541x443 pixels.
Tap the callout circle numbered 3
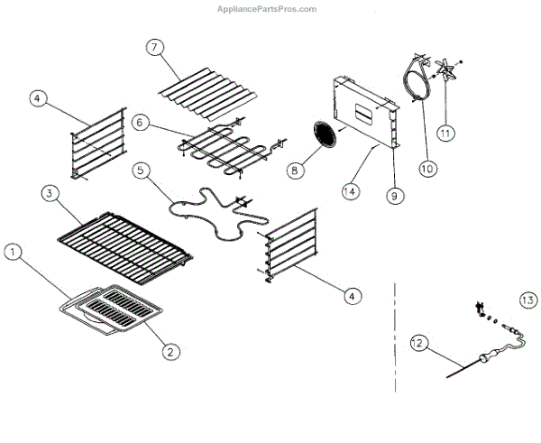50,193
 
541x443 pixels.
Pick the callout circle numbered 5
140,170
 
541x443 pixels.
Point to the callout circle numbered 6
140,121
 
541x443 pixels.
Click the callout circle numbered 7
156,48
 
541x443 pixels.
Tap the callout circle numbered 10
427,168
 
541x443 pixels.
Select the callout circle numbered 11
445,133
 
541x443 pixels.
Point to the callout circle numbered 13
527,300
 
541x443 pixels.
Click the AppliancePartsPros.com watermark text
267,9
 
